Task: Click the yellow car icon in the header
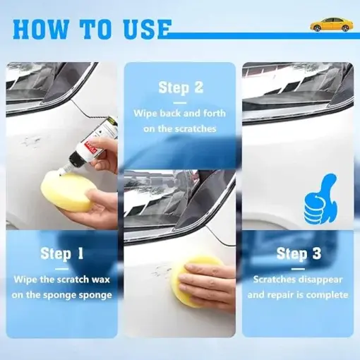tap(330, 25)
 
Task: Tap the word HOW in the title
tap(40, 29)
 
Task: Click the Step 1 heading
tap(61, 253)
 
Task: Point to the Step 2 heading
tap(181, 88)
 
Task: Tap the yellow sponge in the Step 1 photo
tap(65, 193)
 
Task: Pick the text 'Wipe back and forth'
tap(180, 113)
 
